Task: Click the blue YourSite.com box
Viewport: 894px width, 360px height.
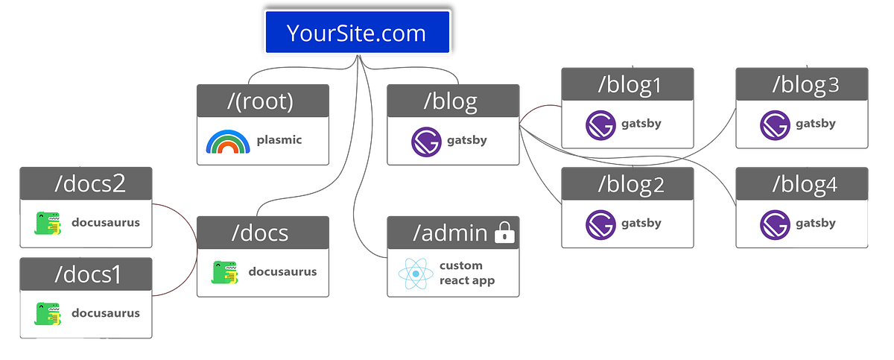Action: pos(357,33)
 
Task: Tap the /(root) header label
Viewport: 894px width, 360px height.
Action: pos(261,101)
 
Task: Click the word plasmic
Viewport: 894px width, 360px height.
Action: pos(279,140)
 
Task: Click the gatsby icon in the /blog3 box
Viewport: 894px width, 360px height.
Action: pos(774,124)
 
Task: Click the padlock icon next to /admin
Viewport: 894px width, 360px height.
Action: pos(504,234)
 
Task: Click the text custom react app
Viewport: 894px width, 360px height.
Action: pos(467,273)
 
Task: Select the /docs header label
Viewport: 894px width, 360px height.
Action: pos(260,233)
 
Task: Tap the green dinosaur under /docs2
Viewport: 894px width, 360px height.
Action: pos(48,223)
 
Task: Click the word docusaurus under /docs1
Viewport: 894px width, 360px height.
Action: pos(105,313)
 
